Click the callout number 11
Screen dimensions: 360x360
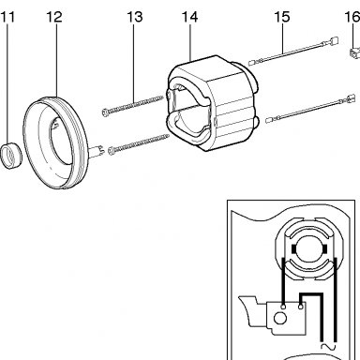(x=7, y=17)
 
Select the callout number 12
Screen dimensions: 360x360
(x=54, y=17)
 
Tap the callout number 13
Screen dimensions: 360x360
(x=135, y=17)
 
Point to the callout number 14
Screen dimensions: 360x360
(x=189, y=17)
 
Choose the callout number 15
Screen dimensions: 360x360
(x=282, y=17)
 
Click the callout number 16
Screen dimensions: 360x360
(x=352, y=17)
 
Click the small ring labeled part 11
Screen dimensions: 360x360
(x=10, y=155)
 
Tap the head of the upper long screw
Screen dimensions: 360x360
(x=106, y=112)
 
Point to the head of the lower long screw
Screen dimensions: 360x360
(x=112, y=151)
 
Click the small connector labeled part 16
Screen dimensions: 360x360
(x=354, y=53)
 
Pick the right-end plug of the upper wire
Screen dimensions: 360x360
(x=334, y=41)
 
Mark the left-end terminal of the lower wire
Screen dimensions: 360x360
(x=270, y=119)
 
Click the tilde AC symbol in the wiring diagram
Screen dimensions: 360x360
(x=328, y=346)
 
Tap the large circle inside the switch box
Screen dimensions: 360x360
(x=279, y=319)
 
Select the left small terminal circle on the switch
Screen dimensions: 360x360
(x=283, y=307)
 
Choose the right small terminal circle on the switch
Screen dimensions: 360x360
(x=301, y=307)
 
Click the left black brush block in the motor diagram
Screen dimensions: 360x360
(x=293, y=249)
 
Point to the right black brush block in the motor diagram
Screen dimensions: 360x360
(x=325, y=249)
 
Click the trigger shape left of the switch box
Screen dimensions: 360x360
(x=252, y=312)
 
